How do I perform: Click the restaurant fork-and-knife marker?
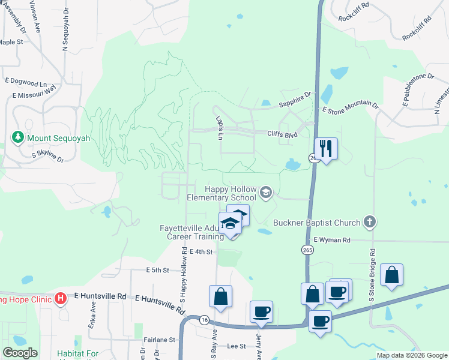326,148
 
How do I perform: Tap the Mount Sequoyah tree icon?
18,137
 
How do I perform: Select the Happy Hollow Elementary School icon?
266,193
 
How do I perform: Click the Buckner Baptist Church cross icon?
369,223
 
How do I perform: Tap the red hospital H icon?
60,298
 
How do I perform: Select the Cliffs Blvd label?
282,134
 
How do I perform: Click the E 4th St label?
202,252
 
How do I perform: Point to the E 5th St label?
158,271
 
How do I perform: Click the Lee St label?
237,346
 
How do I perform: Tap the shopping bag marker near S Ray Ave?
220,296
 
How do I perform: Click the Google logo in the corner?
20,353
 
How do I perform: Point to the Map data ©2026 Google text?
411,355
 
